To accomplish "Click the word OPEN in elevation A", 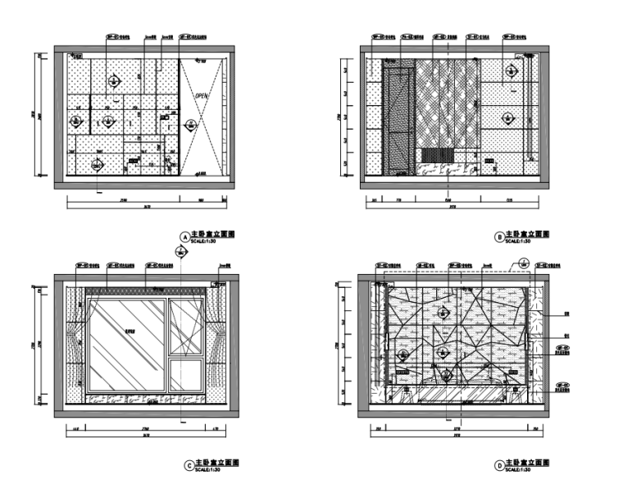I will [202, 96].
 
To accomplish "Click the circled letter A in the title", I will [184, 236].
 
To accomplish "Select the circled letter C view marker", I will [192, 464].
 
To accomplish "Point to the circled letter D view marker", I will [498, 464].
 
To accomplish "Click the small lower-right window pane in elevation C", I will [184, 376].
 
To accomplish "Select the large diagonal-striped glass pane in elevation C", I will [127, 345].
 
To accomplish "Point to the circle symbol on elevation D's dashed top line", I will [522, 265].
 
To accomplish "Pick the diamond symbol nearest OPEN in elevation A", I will [191, 126].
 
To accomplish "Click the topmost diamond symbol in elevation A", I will [115, 80].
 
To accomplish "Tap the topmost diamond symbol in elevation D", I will [443, 313].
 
